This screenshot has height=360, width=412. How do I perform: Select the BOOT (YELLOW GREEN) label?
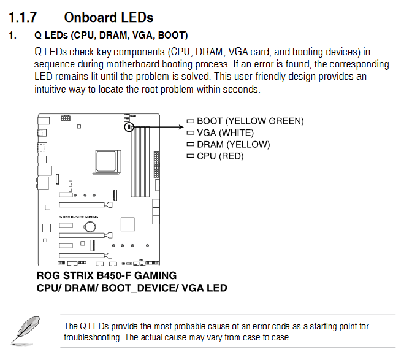250,121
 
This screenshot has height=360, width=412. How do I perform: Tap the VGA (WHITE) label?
225,132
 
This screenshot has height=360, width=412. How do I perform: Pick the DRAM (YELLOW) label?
233,144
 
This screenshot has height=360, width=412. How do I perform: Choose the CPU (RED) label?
220,156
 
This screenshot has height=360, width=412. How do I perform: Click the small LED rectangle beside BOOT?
191,121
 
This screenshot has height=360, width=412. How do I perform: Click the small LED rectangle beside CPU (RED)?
191,156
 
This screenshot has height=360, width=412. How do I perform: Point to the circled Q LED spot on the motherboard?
129,127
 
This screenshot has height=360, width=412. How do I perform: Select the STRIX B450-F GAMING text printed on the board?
78,217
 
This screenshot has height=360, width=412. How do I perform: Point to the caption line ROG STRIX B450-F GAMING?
107,275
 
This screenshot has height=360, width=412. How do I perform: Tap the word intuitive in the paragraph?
53,88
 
